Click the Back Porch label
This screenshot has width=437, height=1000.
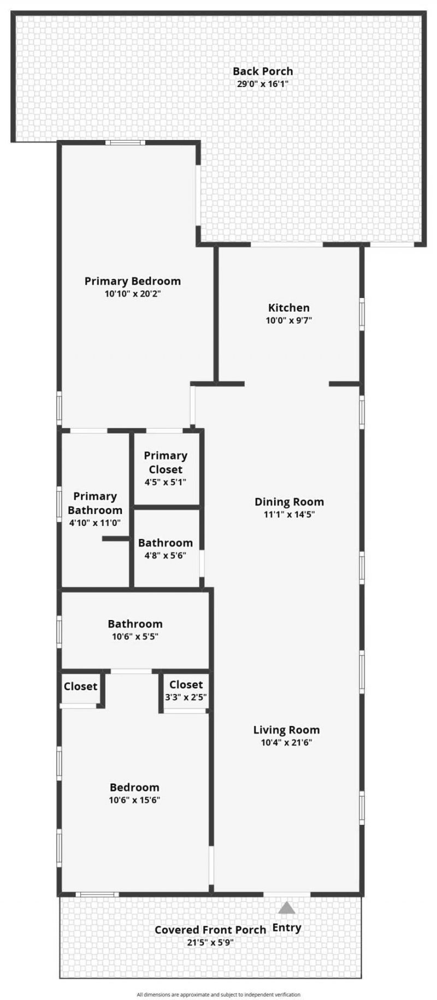pyautogui.click(x=263, y=71)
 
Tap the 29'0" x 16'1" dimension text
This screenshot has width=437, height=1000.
pyautogui.click(x=263, y=84)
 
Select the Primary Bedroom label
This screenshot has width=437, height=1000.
pyautogui.click(x=133, y=281)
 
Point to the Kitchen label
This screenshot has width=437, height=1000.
pyautogui.click(x=289, y=308)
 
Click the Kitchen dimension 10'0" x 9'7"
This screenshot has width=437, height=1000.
pyautogui.click(x=289, y=320)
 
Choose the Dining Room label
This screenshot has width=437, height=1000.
pyautogui.click(x=289, y=502)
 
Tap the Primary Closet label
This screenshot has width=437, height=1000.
pyautogui.click(x=166, y=463)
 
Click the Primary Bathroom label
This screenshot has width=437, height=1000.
pyautogui.click(x=95, y=503)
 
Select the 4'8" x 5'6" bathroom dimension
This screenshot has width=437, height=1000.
pyautogui.click(x=166, y=555)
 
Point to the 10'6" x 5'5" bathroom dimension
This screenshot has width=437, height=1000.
pyautogui.click(x=135, y=636)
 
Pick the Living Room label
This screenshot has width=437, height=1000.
pyautogui.click(x=286, y=730)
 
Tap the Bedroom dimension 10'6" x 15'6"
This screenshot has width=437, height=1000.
pyautogui.click(x=134, y=800)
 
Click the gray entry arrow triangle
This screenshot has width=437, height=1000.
pyautogui.click(x=287, y=908)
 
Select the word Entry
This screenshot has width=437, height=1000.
pyautogui.click(x=287, y=927)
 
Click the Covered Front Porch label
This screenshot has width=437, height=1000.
pyautogui.click(x=210, y=929)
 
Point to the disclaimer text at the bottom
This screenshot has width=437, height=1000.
pyautogui.click(x=218, y=995)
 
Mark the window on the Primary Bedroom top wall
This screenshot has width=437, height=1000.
pyautogui.click(x=125, y=143)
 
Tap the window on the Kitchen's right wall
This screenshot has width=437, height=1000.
pyautogui.click(x=362, y=314)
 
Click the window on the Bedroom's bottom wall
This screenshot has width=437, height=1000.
pyautogui.click(x=97, y=894)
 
